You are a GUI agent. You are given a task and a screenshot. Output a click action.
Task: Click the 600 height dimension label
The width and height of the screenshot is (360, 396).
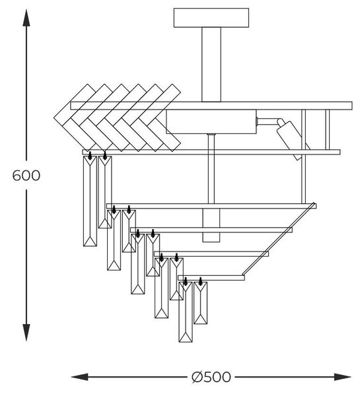pos(26,176)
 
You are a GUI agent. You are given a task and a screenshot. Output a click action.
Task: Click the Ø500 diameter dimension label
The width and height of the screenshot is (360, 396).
pos(211,377)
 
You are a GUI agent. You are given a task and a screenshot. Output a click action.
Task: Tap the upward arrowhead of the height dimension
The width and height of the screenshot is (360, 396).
pos(26,18)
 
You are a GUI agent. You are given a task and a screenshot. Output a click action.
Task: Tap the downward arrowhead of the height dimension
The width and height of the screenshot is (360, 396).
pos(26,333)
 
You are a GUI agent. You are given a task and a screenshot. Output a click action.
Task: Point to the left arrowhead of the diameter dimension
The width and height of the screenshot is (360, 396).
pos(80,377)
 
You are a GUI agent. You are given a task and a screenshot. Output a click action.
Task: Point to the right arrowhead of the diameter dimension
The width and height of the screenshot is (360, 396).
pos(343,377)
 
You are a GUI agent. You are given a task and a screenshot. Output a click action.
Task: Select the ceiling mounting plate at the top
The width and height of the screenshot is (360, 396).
pos(211,18)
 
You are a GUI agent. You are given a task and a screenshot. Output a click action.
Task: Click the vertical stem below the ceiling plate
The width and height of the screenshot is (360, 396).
pos(211,65)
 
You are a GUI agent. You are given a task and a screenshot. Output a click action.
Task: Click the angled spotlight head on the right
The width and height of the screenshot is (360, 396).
pos(291,139)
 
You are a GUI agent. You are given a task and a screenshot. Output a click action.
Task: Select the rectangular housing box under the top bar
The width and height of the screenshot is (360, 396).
pos(211,121)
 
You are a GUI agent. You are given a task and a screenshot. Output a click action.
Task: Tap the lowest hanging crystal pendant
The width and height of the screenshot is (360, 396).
pos(186,312)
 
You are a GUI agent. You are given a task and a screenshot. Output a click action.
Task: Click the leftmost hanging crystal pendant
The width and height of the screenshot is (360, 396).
pos(90,201)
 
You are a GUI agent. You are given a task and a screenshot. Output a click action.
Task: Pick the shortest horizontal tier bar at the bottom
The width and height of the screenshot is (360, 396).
pos(211,278)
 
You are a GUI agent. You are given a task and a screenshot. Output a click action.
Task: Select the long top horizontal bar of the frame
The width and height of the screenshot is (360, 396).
pos(211,106)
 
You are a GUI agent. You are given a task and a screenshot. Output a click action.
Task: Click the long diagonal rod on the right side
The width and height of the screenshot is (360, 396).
pos(279,239)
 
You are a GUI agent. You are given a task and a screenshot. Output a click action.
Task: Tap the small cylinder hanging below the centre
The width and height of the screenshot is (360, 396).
pos(211,225)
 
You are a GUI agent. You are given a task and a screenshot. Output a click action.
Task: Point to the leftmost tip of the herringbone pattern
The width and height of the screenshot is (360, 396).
pos(54,117)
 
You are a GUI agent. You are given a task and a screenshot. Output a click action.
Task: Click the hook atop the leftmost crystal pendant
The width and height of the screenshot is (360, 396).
pos(90,155)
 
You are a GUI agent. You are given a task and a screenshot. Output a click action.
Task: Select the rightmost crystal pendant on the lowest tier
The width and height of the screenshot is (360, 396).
pos(201,303)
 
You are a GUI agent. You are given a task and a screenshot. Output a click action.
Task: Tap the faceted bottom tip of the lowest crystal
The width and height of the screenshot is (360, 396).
pos(186,337)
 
